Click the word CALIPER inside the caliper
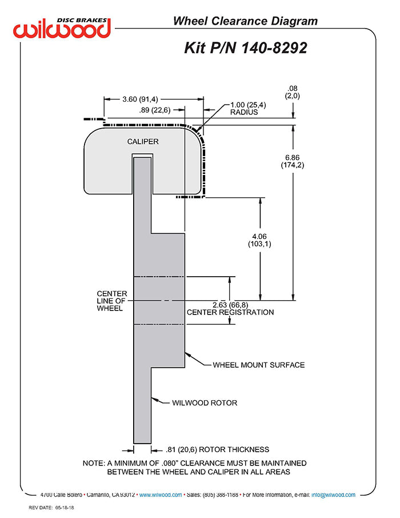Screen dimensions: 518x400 coord(143,141)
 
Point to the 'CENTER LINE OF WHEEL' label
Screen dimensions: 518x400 coord(111,301)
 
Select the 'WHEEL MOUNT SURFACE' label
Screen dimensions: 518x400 coord(258,365)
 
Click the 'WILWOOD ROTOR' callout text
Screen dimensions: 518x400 coord(204,403)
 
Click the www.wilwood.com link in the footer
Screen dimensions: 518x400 coord(161,495)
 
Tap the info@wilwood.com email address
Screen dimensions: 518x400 coord(334,495)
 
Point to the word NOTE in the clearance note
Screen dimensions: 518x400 coord(93,463)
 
